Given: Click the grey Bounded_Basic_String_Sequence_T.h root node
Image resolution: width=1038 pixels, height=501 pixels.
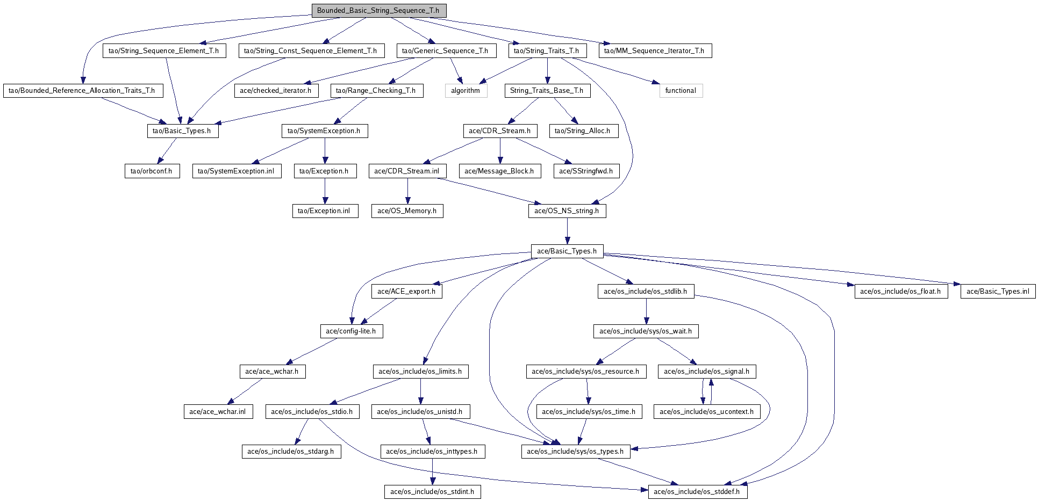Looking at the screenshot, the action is [379, 11].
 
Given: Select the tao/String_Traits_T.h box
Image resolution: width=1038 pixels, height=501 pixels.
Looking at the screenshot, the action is [547, 51].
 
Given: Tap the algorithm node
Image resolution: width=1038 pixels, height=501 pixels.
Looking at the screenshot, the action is [466, 91].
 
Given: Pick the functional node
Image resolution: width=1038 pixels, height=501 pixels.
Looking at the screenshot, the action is [681, 91].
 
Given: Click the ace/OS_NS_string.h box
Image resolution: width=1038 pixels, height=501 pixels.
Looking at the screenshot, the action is [567, 211].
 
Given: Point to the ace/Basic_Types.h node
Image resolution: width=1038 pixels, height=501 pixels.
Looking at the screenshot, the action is [567, 251].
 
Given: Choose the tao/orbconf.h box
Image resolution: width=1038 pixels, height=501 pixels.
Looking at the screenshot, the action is [152, 171].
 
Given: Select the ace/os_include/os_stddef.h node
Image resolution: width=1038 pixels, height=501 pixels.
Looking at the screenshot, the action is [697, 492].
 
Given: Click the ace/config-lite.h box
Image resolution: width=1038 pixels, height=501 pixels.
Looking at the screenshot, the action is [351, 331].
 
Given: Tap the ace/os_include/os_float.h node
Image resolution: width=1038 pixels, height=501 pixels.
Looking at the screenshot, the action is [901, 292].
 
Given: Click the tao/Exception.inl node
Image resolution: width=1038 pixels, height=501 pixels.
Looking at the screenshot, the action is [325, 211].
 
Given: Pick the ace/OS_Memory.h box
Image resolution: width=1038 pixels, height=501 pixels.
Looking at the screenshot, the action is [407, 211].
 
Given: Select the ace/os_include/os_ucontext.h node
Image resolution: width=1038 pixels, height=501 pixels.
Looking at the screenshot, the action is [707, 412].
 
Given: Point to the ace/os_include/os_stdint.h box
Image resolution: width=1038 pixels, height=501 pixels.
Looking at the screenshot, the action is [433, 492].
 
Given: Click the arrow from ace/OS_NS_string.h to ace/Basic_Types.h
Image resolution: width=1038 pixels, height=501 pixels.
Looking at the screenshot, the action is [567, 231].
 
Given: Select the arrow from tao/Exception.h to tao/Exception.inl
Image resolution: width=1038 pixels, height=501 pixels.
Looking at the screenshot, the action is [325, 191].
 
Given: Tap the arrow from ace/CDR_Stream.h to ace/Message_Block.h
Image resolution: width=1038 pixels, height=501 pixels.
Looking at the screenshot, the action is [500, 151].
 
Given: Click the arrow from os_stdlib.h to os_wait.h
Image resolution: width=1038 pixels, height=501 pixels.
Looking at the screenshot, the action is [646, 311].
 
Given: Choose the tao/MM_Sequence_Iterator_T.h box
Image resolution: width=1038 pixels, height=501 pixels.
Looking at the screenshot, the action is [654, 51].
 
